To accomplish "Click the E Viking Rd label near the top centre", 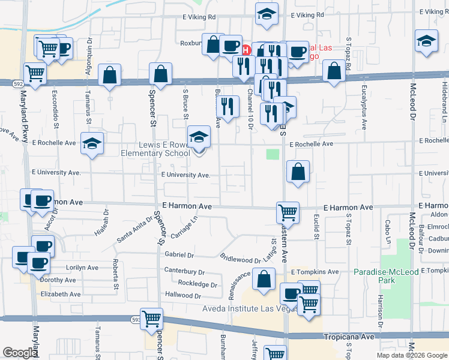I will [199, 17].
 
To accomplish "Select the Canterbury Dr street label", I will [184, 271].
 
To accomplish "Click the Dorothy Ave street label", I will [58, 280].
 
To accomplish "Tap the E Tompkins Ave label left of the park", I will [315, 272].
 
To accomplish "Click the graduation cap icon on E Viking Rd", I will [267, 14].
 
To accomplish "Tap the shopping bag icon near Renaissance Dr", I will [264, 278].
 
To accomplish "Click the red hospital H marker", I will [245, 48].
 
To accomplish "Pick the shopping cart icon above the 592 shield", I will [35, 73].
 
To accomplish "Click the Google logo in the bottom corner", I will [20, 353].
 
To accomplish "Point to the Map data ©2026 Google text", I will [411, 355].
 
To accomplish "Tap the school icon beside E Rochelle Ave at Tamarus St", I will [92, 143].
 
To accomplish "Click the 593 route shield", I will [136, 320].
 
